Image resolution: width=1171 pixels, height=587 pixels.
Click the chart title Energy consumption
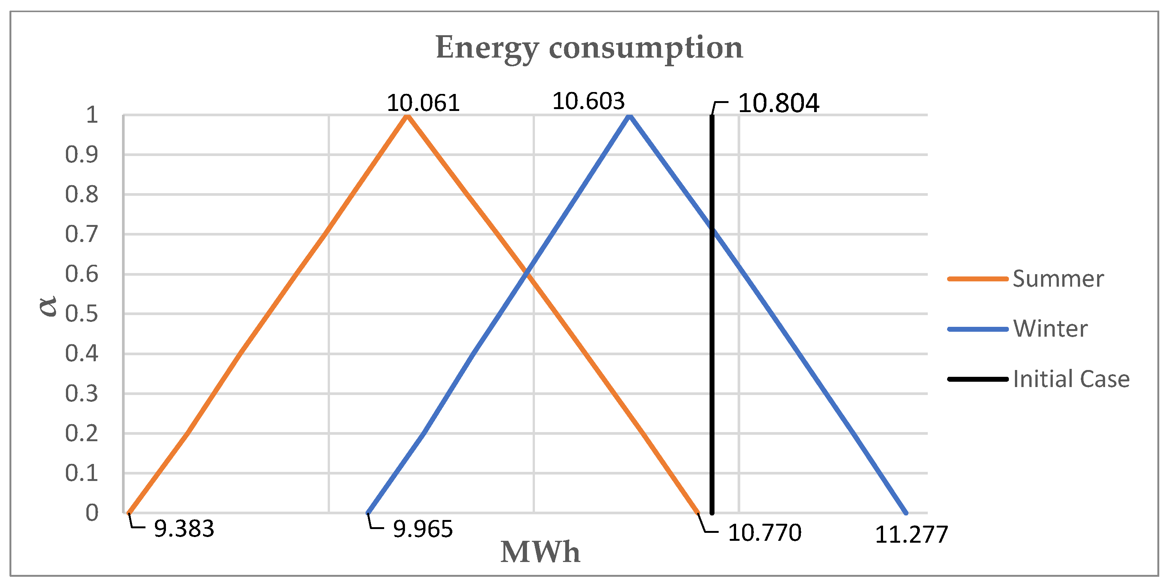coord(589,48)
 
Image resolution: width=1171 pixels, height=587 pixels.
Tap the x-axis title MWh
coord(540,553)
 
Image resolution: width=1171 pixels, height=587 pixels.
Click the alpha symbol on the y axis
coord(48,305)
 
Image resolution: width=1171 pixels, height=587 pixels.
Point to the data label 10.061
coord(423,103)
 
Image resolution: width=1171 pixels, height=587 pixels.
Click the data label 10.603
coord(588,101)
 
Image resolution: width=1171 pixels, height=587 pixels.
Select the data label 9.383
coord(184,529)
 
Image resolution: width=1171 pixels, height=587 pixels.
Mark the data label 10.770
coord(765,533)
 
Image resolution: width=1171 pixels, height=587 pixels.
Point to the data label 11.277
coord(911,535)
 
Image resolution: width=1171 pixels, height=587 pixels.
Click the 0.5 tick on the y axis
coord(81,314)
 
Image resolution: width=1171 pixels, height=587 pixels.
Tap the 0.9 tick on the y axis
coord(81,155)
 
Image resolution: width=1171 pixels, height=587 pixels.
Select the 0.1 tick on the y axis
coord(81,473)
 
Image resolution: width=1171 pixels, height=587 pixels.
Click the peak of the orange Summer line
coord(408,116)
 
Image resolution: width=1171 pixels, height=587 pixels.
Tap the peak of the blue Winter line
coord(630,116)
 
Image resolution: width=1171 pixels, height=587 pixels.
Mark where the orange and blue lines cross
coord(527,273)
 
